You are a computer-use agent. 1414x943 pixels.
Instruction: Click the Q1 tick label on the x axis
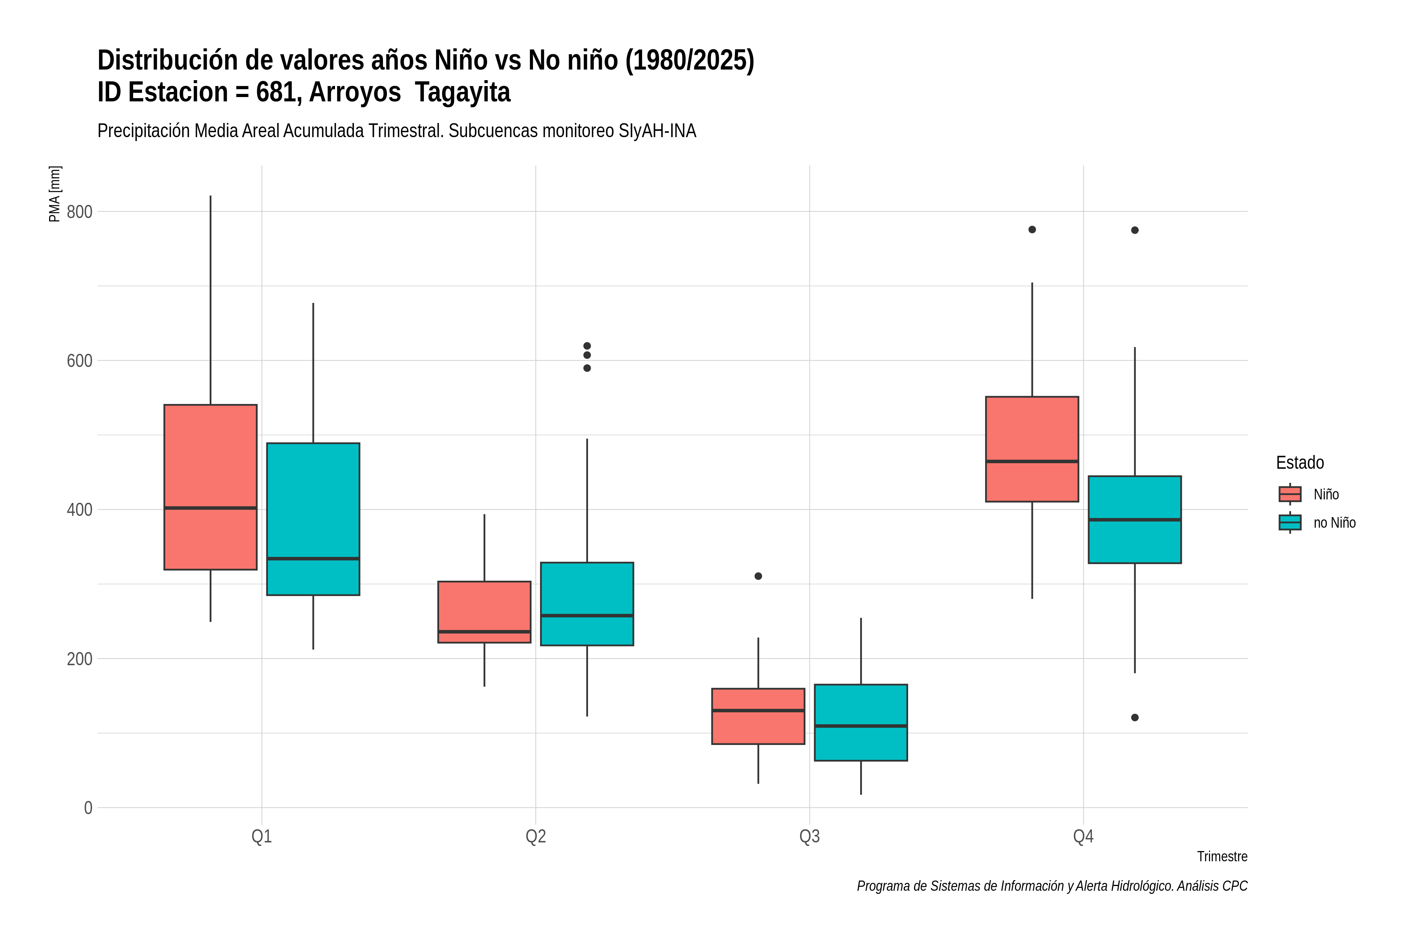262,837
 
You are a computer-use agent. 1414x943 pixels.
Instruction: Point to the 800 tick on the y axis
79,212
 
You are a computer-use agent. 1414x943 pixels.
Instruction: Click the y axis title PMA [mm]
55,194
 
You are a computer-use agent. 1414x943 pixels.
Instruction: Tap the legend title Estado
1300,462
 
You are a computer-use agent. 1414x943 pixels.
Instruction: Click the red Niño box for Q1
211,487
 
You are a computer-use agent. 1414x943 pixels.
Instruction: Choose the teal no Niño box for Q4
1134,519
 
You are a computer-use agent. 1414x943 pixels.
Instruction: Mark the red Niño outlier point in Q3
758,576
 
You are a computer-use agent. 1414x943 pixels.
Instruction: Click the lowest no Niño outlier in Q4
1134,717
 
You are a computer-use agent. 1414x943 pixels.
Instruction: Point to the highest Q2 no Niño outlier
587,346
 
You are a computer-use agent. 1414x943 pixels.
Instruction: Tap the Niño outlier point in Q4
1032,229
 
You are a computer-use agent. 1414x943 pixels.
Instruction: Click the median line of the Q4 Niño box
1032,461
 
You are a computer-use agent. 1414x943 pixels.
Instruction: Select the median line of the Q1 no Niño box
313,559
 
